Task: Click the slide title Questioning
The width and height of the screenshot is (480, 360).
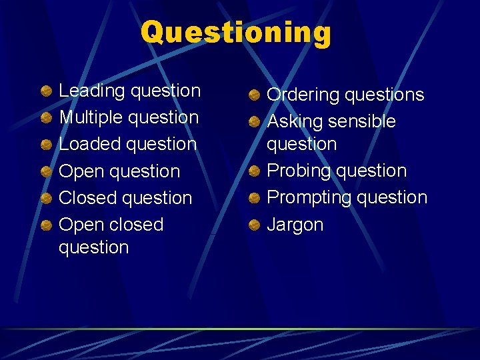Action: tap(235, 32)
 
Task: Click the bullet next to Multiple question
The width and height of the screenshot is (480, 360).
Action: tap(45, 118)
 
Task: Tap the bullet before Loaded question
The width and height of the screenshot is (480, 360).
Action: tap(45, 145)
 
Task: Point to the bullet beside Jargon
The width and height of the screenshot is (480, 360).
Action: tap(254, 225)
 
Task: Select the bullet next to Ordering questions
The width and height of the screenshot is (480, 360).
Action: tap(254, 95)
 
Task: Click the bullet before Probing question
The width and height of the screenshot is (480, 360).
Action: tap(254, 171)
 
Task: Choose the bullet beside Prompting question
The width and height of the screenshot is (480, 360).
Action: tap(254, 198)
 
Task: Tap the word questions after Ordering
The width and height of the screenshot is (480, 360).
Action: tap(384, 95)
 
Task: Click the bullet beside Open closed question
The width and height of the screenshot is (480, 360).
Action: tap(45, 225)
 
